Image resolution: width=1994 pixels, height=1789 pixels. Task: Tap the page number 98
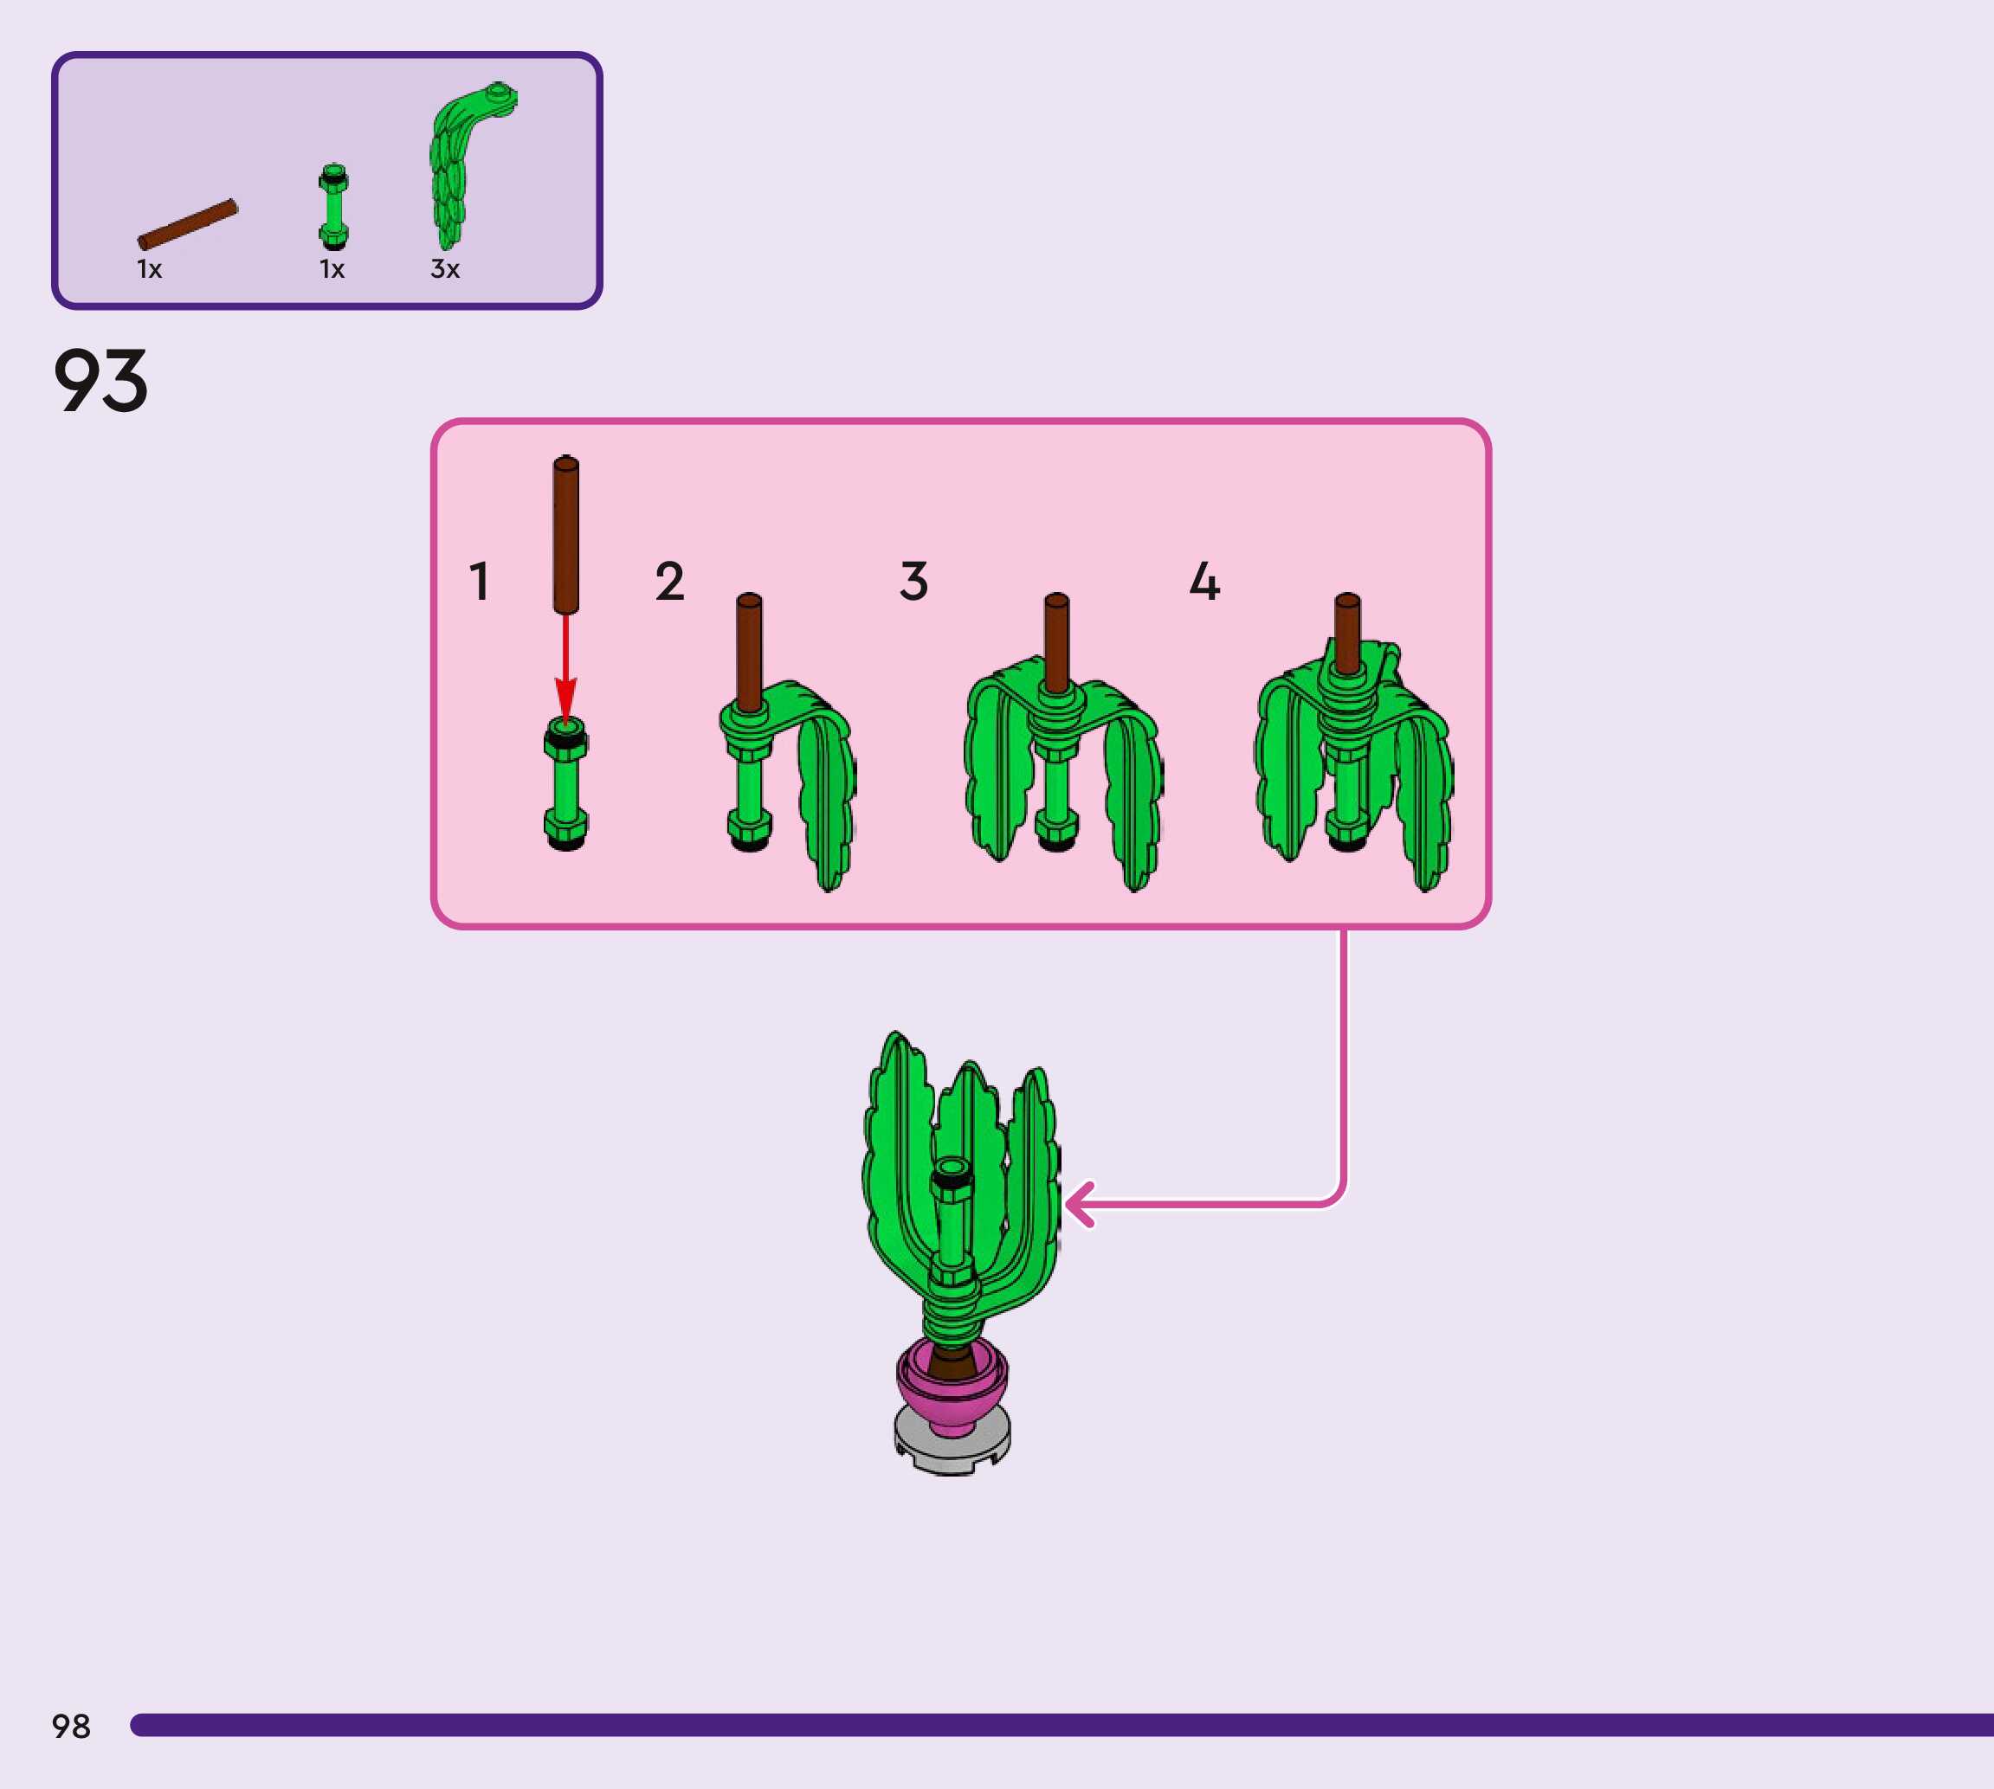[x=71, y=1726]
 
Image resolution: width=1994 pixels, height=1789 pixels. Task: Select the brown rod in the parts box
[x=188, y=224]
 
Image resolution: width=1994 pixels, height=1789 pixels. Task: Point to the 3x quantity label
[x=444, y=269]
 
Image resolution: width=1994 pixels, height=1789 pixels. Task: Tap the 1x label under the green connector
[x=332, y=269]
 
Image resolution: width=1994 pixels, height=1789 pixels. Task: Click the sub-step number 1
[x=479, y=581]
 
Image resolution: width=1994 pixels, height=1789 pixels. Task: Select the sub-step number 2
[x=669, y=581]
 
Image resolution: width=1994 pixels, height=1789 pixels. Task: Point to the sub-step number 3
[x=913, y=581]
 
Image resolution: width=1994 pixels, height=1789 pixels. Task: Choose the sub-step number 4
[x=1204, y=581]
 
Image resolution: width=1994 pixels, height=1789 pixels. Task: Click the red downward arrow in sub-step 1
[x=565, y=668]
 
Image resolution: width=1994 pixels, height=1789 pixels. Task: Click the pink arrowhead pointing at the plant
[x=1080, y=1204]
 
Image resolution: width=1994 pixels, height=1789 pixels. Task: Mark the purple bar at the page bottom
[x=1062, y=1725]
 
